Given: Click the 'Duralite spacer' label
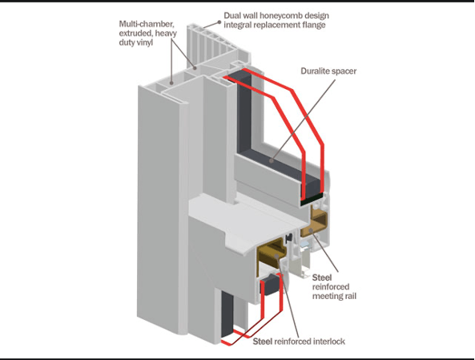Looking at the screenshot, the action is [328, 71].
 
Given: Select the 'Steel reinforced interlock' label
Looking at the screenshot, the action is [299, 342].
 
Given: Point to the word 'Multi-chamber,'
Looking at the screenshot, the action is [147, 24].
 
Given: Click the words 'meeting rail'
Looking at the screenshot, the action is [334, 296].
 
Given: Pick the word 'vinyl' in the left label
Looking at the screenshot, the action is [144, 42].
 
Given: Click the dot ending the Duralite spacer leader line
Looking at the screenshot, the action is [272, 160].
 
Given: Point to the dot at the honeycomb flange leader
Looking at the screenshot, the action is [219, 22].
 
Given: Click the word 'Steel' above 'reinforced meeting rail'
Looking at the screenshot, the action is [322, 277].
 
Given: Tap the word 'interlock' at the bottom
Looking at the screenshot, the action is [329, 342].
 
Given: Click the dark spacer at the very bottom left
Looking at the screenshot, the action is [227, 314].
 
